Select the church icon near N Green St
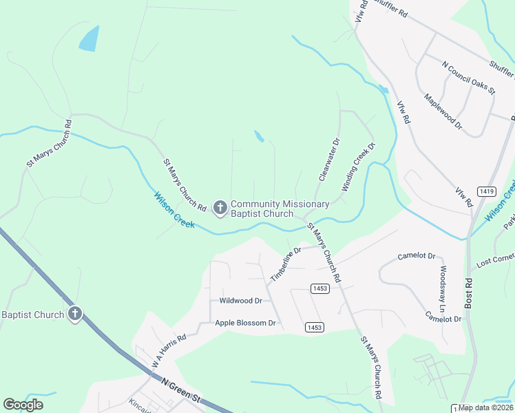pos(75,315)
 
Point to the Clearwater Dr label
pos(330,160)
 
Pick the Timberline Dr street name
pos(286,264)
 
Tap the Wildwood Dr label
pos(240,301)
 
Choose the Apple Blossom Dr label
pos(245,323)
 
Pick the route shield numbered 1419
pos(487,191)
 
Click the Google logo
pos(23,405)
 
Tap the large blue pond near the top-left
pos(89,39)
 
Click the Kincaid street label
pos(140,401)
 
